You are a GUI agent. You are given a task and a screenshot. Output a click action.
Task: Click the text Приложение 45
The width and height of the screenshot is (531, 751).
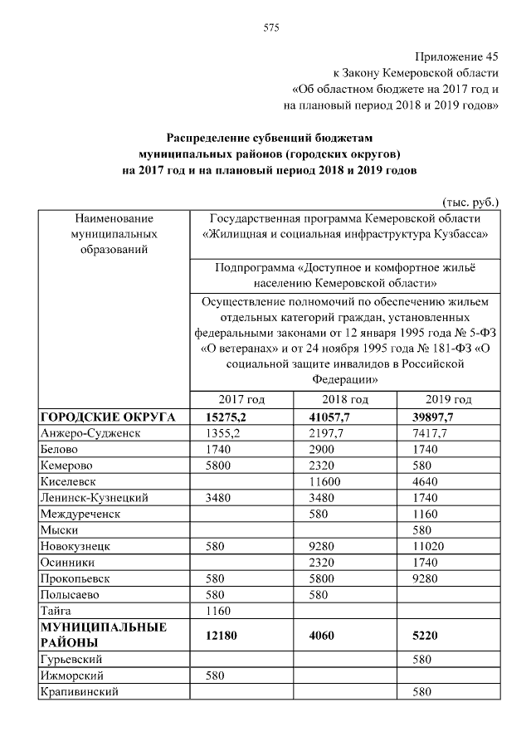coord(456,56)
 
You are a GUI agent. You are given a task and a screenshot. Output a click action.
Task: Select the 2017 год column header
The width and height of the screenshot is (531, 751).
coord(241,399)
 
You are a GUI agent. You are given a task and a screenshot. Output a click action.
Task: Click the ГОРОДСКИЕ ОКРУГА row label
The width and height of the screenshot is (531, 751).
coord(107,417)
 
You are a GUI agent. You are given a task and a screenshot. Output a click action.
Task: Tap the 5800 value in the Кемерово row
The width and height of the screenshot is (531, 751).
coord(218,466)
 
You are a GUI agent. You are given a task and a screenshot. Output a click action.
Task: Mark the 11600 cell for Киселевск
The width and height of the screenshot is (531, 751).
coord(323,481)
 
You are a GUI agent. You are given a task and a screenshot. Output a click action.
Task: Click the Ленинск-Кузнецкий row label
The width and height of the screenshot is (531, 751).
coord(94,498)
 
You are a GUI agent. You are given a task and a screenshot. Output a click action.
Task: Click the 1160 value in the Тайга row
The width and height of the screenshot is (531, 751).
coord(218,611)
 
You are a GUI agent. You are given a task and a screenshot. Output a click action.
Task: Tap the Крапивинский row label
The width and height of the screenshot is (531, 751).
coord(80,691)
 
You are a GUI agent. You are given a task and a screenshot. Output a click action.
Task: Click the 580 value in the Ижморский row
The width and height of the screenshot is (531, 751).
coord(215,675)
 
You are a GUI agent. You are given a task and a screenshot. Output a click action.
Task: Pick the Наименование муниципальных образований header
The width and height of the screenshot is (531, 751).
coord(114,232)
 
